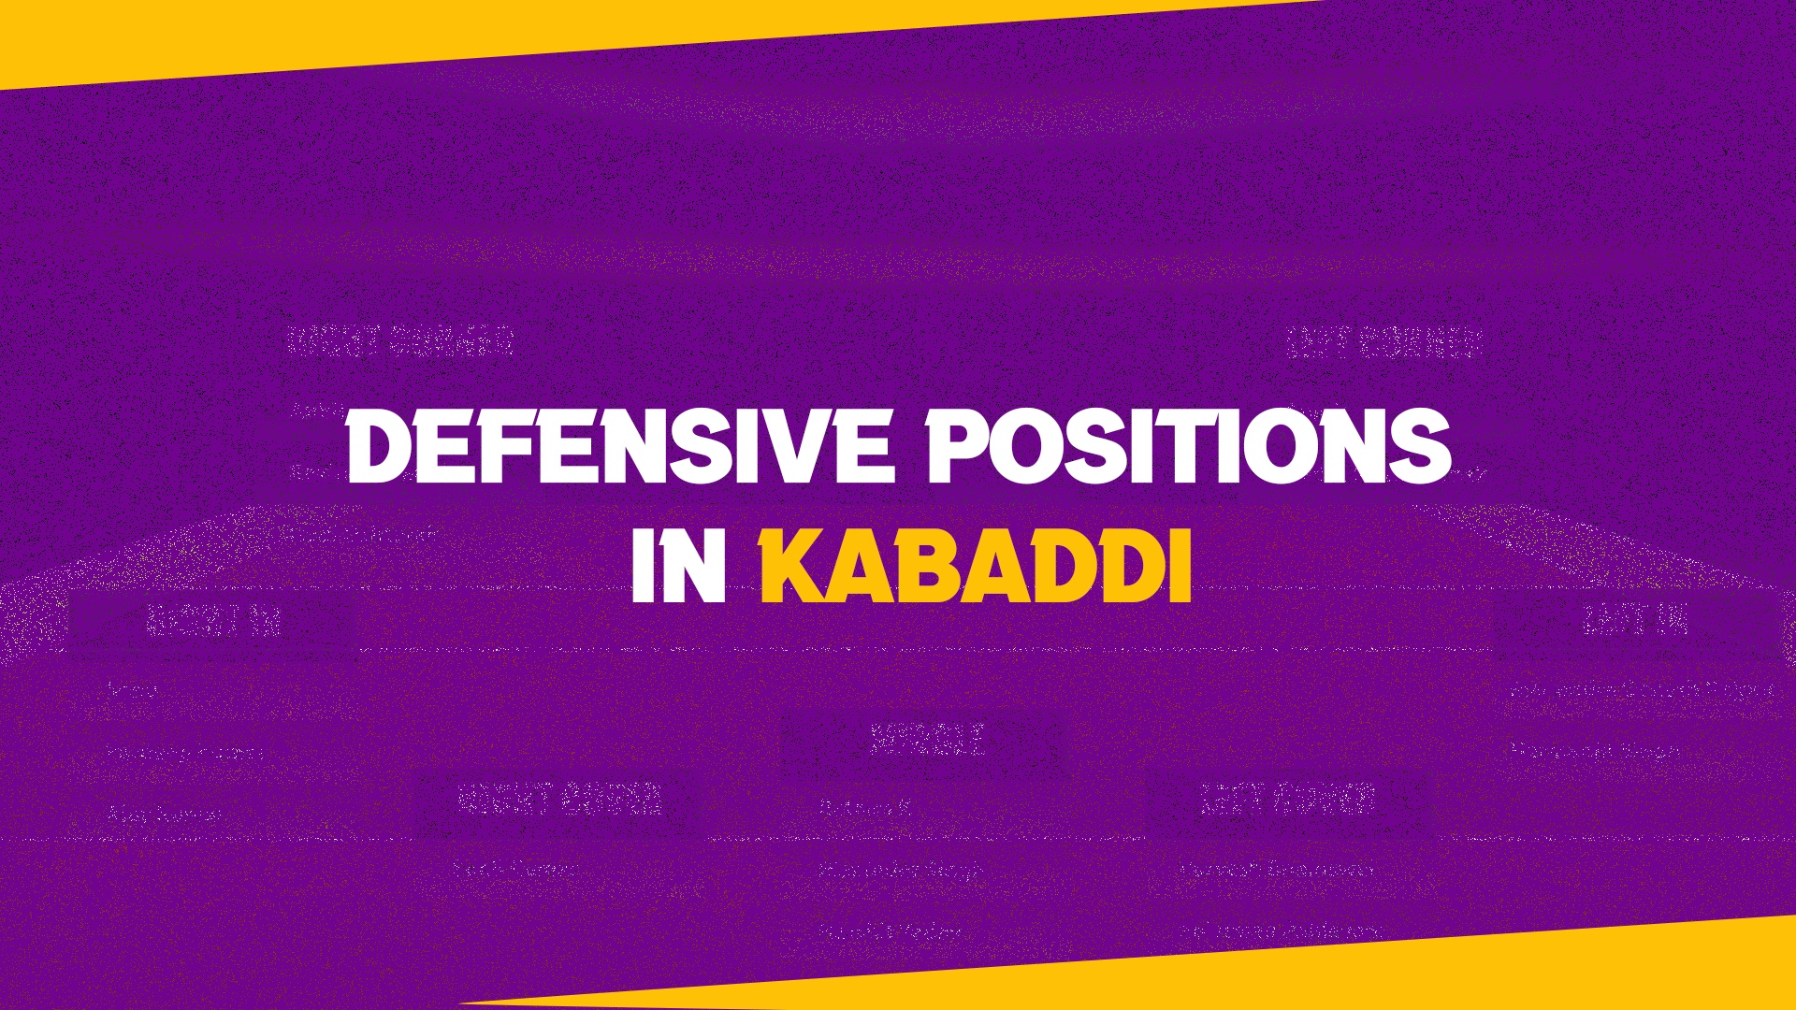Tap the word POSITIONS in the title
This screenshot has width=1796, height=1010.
click(x=1188, y=447)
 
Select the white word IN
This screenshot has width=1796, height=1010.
click(x=679, y=568)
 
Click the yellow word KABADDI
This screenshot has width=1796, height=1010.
click(x=976, y=568)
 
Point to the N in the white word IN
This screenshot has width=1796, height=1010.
click(x=697, y=568)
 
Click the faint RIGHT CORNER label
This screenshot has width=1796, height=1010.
click(x=401, y=341)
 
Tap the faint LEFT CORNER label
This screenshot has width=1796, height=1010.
click(x=1383, y=342)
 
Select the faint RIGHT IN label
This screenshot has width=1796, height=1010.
click(x=214, y=620)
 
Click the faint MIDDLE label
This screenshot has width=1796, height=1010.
click(x=927, y=740)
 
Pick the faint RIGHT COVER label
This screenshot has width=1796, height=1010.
click(x=560, y=800)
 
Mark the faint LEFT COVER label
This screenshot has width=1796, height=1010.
click(x=1287, y=799)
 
